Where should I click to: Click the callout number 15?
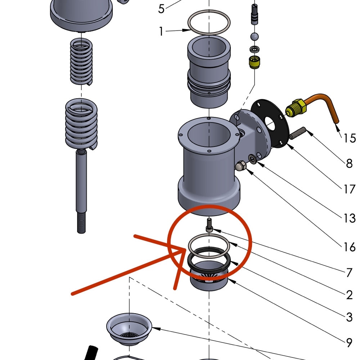pyautogui.click(x=350, y=138)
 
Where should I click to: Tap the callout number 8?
pyautogui.click(x=349, y=163)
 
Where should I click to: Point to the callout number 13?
pyautogui.click(x=349, y=218)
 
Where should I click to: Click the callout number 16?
pyautogui.click(x=349, y=247)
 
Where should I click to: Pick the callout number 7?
pyautogui.click(x=349, y=273)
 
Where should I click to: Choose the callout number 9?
pyautogui.click(x=349, y=343)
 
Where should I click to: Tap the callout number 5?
pyautogui.click(x=161, y=9)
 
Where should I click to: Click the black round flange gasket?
pyautogui.click(x=270, y=124)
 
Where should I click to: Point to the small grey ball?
pyautogui.click(x=255, y=36)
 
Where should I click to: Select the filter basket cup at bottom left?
pyautogui.click(x=129, y=328)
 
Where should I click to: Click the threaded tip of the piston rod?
pyautogui.click(x=81, y=223)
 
